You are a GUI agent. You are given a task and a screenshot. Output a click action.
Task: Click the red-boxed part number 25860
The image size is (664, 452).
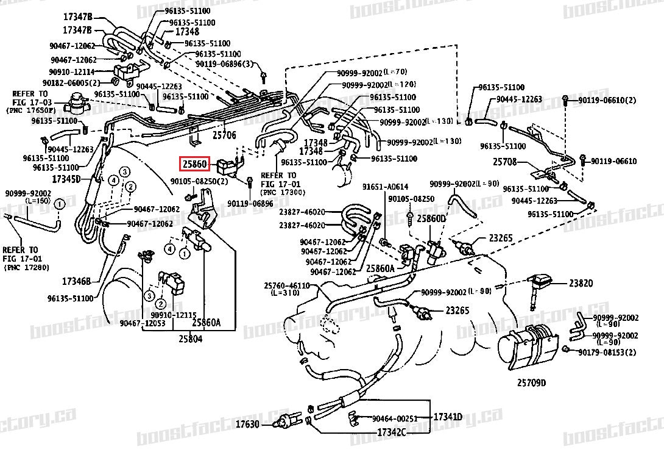point(194,164)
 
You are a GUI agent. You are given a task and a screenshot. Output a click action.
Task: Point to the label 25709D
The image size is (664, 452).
point(531,382)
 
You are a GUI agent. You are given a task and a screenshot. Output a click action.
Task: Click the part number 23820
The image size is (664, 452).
point(581,283)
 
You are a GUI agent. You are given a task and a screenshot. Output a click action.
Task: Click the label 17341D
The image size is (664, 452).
point(448,417)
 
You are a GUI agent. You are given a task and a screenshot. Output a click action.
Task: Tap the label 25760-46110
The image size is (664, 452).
point(286,285)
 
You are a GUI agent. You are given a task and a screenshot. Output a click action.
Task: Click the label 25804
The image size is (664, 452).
point(191,339)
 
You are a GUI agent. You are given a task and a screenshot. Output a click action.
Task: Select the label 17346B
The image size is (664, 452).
point(76,281)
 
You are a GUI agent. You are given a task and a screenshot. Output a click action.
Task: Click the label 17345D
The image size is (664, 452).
point(66,179)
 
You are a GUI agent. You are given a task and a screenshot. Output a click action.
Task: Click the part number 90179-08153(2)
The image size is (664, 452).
point(607,352)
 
